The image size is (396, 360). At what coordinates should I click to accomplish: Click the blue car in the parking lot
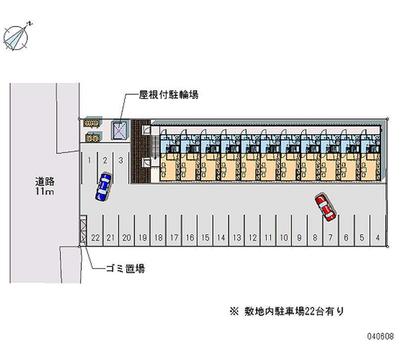click(x=103, y=186)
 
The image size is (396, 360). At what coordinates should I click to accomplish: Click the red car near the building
click(x=325, y=207)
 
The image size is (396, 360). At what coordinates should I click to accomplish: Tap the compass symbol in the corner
click(x=17, y=36)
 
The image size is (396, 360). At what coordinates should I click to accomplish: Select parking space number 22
click(x=96, y=238)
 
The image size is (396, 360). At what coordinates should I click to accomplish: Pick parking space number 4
click(x=378, y=238)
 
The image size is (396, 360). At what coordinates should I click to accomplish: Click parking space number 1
click(x=89, y=160)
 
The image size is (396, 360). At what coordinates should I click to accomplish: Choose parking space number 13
click(x=237, y=238)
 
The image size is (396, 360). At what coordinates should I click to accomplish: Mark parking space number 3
click(x=120, y=160)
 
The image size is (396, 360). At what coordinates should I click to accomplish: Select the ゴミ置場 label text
click(x=125, y=269)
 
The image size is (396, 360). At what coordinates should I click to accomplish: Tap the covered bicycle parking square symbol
click(x=119, y=130)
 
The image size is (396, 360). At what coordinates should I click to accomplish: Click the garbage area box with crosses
click(x=83, y=230)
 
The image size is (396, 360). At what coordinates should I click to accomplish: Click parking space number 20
click(x=127, y=238)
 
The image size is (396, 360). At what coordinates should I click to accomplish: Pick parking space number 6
click(x=346, y=238)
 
